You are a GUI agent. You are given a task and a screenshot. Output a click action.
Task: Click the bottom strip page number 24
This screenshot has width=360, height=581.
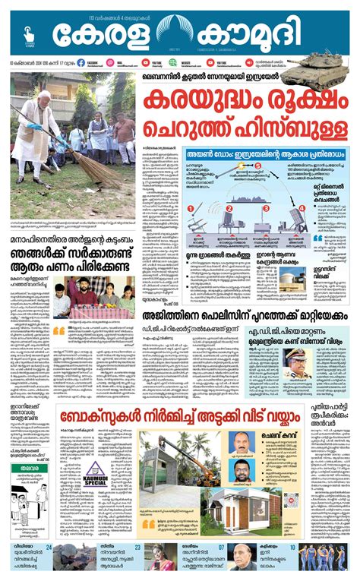tap(48, 547)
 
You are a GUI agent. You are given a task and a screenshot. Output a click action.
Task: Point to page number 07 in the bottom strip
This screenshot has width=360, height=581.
tap(221, 547)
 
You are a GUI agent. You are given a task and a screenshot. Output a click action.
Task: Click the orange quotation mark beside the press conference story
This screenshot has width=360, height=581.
tap(58, 332)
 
